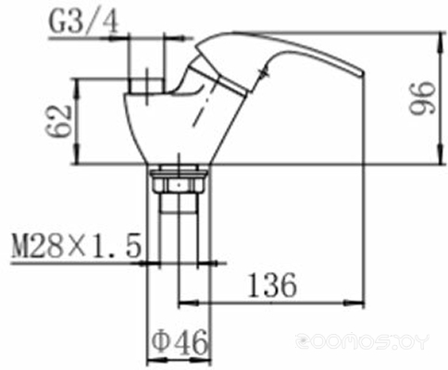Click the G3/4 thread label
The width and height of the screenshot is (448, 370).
point(84,22)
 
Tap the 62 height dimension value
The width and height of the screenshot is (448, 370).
point(58,121)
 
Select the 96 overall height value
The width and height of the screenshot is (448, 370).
point(422,98)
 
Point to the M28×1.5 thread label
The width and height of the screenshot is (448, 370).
point(76,246)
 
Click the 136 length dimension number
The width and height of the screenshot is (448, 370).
point(272,285)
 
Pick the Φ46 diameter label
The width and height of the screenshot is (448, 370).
point(180,341)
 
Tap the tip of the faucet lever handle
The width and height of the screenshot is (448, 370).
point(364,73)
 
